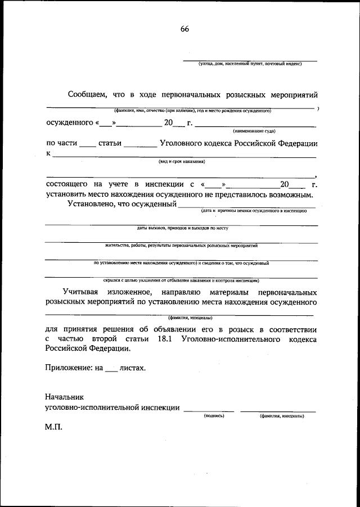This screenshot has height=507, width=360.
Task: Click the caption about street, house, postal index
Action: [250, 64]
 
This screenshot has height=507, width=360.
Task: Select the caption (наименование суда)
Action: [254, 130]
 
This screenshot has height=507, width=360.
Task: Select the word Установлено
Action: [89, 205]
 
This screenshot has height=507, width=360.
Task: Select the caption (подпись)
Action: [214, 416]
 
